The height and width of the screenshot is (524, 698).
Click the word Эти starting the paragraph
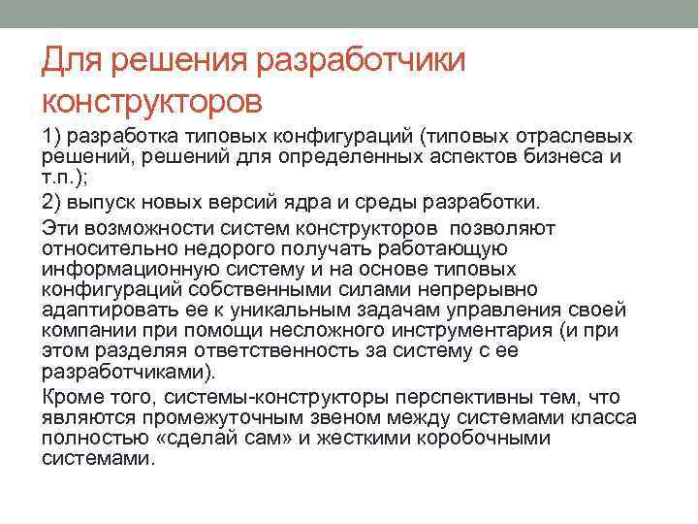pyautogui.click(x=60, y=226)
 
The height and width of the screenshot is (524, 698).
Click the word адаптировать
pyautogui.click(x=102, y=311)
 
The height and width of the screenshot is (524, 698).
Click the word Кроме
pyautogui.click(x=70, y=397)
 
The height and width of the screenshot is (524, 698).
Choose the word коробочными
pyautogui.click(x=479, y=439)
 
